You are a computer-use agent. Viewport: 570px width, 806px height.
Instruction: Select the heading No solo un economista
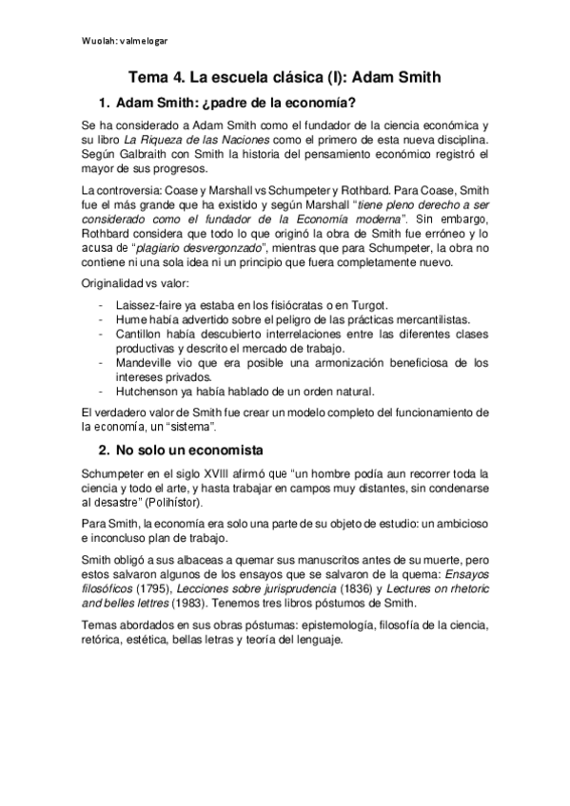coord(187,449)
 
